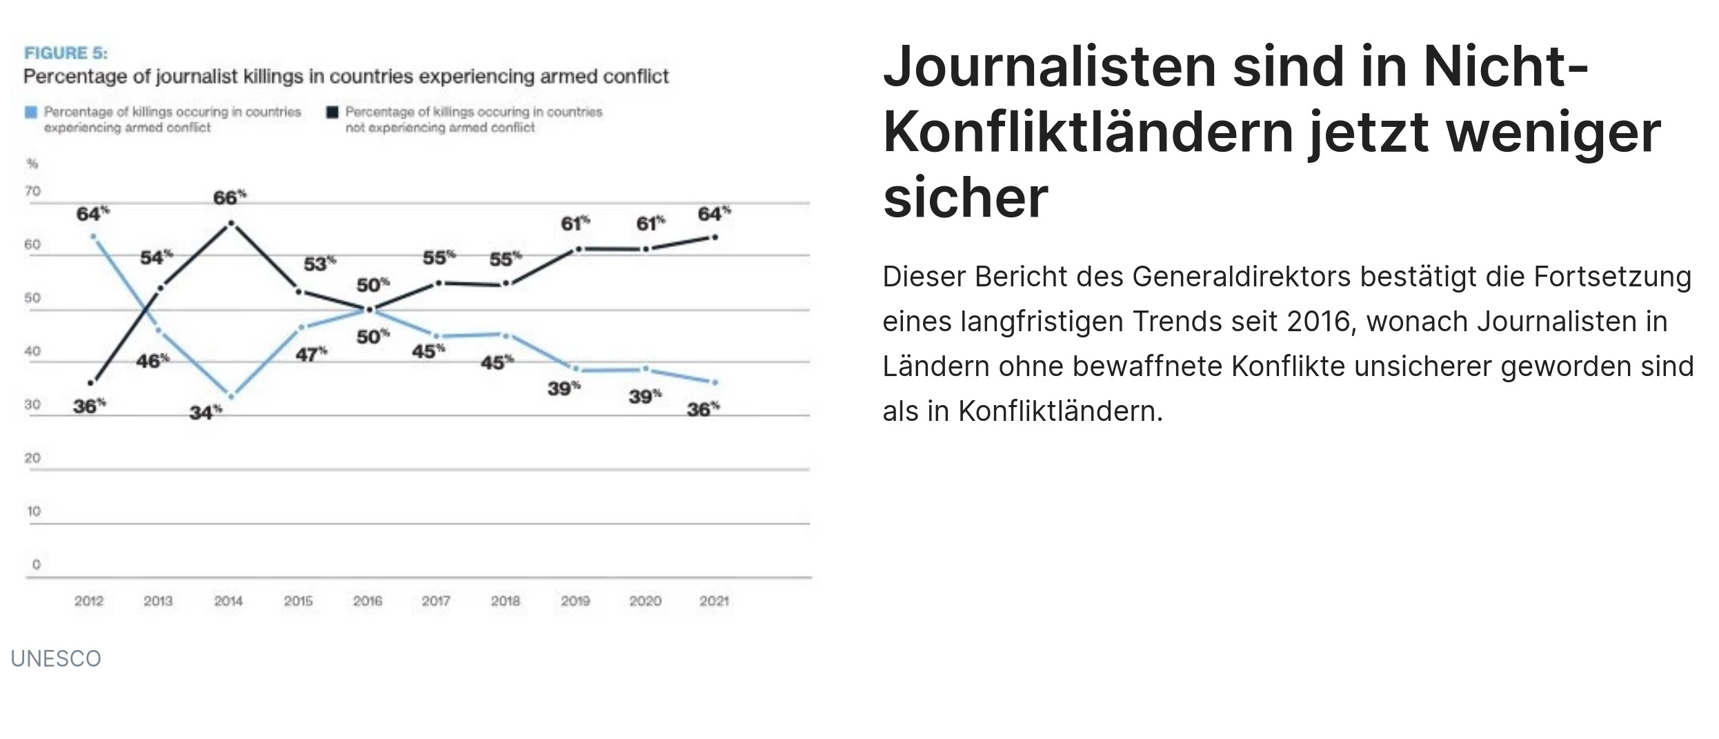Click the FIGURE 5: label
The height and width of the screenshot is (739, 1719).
coord(66,53)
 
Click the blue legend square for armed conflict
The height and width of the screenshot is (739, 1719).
coord(31,112)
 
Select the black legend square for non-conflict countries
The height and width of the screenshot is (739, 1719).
coord(332,112)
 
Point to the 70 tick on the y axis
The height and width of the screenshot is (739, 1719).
coord(32,191)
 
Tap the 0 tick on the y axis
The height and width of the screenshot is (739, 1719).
coord(36,564)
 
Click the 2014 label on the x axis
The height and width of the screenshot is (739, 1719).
coord(228,601)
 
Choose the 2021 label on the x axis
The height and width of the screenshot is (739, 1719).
coord(714,601)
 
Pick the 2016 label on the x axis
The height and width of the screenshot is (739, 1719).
coord(368,601)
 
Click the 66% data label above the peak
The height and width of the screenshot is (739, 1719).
coord(229,198)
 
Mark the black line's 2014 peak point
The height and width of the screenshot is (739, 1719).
coord(231,223)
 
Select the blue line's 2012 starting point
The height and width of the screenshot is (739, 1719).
coord(93,237)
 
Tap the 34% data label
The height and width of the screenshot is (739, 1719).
coord(206,413)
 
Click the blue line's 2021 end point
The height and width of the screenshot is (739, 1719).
coord(715,382)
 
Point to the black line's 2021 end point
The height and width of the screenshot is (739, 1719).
coord(715,237)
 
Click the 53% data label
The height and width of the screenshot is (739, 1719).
coord(319,264)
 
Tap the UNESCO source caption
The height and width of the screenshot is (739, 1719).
coord(56,659)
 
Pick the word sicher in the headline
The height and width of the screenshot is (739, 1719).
coord(965,198)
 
